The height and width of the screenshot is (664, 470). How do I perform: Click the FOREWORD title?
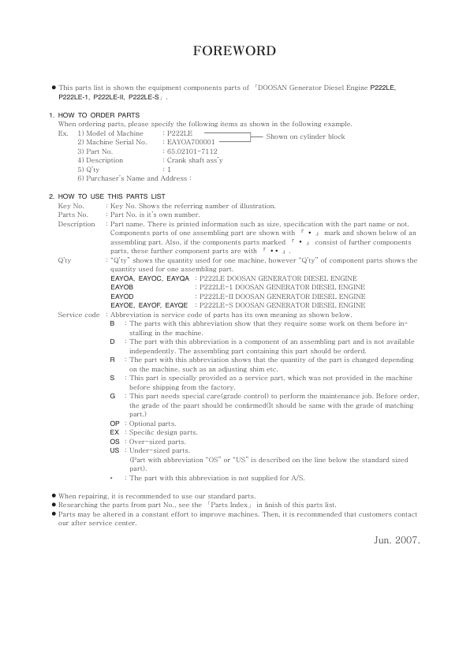click(x=234, y=52)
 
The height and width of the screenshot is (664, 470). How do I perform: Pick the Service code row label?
click(x=79, y=315)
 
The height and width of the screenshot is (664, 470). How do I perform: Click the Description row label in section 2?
click(x=76, y=224)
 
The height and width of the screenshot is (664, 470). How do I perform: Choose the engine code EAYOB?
click(x=123, y=288)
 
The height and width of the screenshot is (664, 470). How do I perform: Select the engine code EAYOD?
click(x=123, y=297)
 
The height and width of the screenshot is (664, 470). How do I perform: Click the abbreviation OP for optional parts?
click(x=114, y=423)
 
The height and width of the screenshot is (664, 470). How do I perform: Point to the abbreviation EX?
click(x=114, y=433)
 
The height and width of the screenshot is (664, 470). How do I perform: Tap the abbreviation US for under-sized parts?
click(x=114, y=451)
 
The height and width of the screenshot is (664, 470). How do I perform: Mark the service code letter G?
click(x=113, y=396)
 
